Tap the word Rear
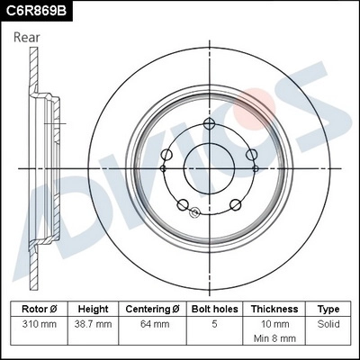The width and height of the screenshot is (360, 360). (x=28, y=37)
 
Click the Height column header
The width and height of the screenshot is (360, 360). (x=93, y=309)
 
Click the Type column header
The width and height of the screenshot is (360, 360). (x=328, y=309)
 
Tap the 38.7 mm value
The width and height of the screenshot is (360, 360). (x=93, y=323)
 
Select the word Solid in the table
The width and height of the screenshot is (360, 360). (x=328, y=323)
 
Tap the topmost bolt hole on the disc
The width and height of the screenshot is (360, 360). (x=209, y=125)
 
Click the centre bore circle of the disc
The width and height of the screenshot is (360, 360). (x=209, y=168)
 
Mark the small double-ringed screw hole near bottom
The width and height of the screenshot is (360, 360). (x=194, y=212)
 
